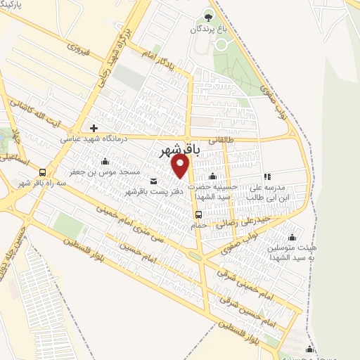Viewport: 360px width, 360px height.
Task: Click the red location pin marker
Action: [x=181, y=166]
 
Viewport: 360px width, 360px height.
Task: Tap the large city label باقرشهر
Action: [x=177, y=150]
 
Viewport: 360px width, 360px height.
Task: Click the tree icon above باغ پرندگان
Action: [x=208, y=15]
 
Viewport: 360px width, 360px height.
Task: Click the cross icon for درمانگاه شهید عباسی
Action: [x=94, y=128]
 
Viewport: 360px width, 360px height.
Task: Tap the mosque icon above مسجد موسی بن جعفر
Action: [x=105, y=162]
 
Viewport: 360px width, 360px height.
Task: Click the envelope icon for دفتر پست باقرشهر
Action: [x=153, y=181]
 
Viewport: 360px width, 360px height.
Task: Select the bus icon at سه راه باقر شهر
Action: [x=43, y=172]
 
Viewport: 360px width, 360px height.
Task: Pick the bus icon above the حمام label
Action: [x=199, y=214]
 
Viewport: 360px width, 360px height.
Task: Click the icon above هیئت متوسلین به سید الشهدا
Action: [x=292, y=237]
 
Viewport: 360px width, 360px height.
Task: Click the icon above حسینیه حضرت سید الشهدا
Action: [x=213, y=176]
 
